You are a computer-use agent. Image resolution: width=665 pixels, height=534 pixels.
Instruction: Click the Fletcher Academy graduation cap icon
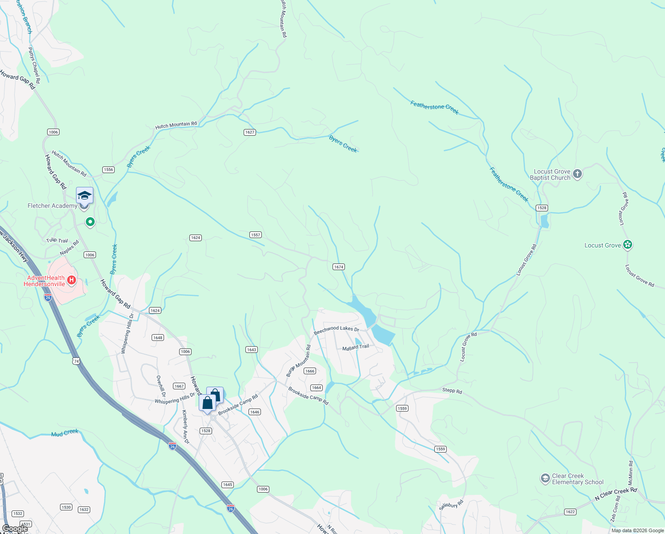point(84,196)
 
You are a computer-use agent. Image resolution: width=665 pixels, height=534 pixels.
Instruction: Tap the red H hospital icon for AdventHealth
point(71,281)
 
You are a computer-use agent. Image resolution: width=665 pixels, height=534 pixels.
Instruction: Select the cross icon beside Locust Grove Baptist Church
point(577,174)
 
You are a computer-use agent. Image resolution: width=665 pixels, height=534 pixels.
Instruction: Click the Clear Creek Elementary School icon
point(545,479)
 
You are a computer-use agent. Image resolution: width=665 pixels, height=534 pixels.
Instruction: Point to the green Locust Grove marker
point(627,245)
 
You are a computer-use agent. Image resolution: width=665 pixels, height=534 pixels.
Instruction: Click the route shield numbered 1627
point(250,132)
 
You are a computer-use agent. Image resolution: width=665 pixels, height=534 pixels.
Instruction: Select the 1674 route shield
point(339,267)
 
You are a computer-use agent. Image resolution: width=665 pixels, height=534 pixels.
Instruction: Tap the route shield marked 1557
point(256,235)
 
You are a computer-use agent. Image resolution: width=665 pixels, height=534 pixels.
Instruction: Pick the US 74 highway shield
point(76,361)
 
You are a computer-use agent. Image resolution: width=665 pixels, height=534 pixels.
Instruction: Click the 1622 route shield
point(570,512)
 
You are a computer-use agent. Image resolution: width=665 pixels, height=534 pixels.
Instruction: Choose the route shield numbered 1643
point(252,350)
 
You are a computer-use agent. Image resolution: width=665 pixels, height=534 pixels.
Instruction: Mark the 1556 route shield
point(108,170)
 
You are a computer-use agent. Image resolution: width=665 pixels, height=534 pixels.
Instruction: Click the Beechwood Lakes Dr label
point(336,330)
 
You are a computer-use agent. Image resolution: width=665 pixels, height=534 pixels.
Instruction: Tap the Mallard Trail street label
point(356,347)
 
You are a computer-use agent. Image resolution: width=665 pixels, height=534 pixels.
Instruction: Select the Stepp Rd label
point(452,391)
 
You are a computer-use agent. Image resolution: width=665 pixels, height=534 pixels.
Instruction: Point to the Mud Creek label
point(65,433)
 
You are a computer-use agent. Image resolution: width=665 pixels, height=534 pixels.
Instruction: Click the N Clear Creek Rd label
point(616,494)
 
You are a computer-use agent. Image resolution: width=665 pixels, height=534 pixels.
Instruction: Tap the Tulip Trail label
point(57,240)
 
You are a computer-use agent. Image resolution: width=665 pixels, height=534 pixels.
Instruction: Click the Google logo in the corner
point(15,529)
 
